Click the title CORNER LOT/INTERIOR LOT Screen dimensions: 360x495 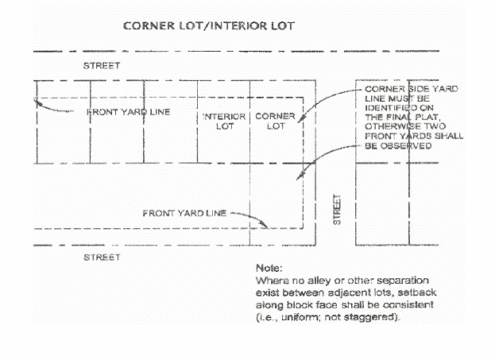click(x=209, y=25)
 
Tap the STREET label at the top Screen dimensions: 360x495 click(x=102, y=65)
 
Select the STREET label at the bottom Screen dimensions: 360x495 click(x=102, y=257)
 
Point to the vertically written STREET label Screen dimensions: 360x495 click(x=336, y=209)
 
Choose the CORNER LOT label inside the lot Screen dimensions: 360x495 click(x=275, y=121)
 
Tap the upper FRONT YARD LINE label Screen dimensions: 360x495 click(x=128, y=112)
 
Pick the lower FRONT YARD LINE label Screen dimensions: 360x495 click(x=184, y=214)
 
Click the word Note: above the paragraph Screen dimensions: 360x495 click(x=269, y=269)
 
